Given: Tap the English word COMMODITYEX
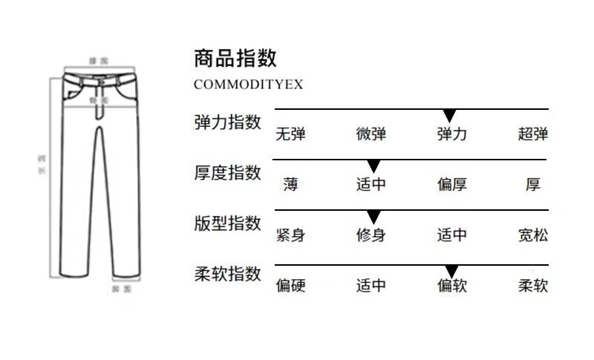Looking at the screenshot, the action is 248,84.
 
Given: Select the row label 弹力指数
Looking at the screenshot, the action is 227,122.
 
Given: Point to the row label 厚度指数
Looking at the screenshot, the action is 227,173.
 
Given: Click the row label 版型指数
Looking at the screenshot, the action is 227,223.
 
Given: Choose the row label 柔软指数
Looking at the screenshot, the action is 227,274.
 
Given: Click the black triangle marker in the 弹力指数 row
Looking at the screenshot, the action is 448,116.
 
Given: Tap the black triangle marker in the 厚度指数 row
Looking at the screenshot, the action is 373,166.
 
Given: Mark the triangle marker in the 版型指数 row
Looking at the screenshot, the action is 373,217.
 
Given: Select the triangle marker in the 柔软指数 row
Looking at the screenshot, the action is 451,271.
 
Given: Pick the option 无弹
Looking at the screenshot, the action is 290,134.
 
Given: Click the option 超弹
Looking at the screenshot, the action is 533,134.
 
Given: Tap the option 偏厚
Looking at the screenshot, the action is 451,185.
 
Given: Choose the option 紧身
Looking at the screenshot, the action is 290,236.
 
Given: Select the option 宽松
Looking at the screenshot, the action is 533,236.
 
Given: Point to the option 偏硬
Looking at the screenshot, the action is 290,286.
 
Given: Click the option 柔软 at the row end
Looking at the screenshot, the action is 533,286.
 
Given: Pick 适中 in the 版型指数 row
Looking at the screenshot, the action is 451,236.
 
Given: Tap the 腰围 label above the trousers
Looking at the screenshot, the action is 98,60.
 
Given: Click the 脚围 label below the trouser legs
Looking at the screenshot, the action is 120,288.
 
